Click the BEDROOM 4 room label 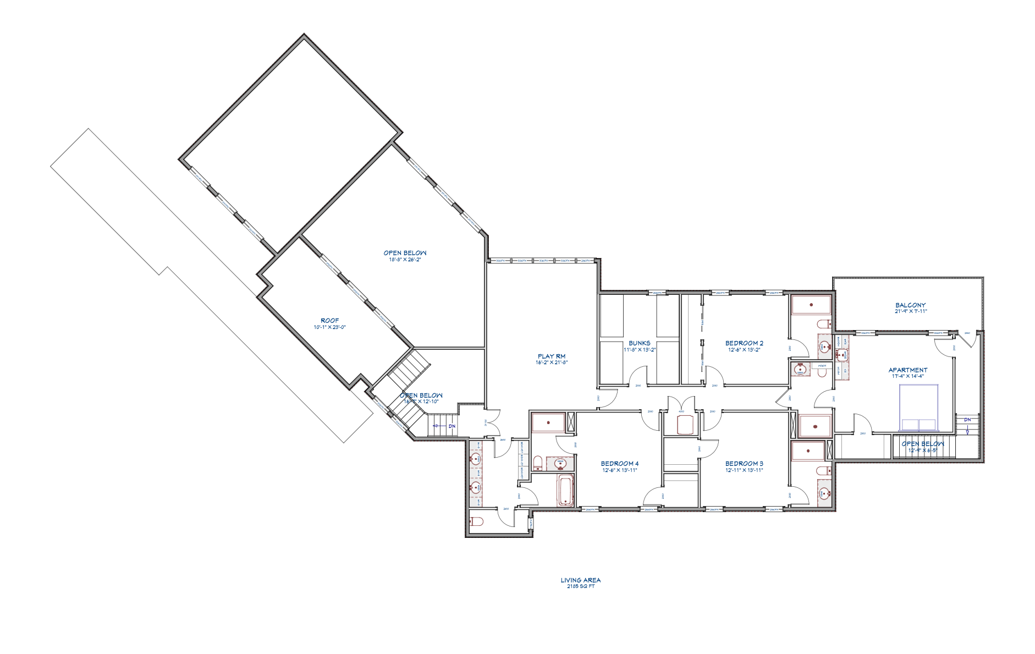pos(619,464)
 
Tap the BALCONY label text pos(910,305)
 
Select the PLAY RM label pos(551,356)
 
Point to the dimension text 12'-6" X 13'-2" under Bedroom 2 pos(744,349)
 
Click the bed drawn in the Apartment pos(918,408)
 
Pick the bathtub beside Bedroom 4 pos(565,491)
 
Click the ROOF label pos(329,321)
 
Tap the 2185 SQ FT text pos(580,586)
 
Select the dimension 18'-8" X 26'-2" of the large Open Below pos(405,260)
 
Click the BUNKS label pos(639,343)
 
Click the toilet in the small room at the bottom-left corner pos(476,520)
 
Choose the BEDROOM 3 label pos(744,464)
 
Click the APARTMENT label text pos(907,370)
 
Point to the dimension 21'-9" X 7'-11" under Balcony pos(910,311)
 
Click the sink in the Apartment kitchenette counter pos(842,355)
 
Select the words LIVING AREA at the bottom pos(580,580)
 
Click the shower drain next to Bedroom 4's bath pos(548,422)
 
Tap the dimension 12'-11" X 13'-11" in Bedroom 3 pos(744,470)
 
